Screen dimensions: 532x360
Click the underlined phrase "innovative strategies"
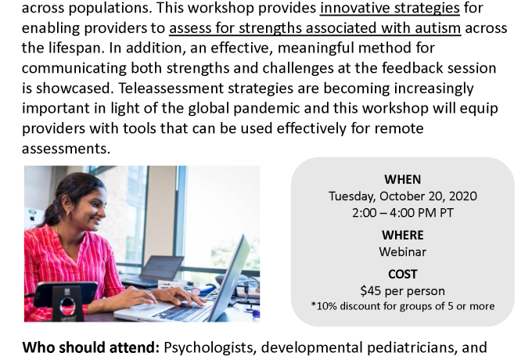[390, 8]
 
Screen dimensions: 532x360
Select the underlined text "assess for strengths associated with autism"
[315, 28]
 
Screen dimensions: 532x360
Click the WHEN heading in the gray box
[402, 179]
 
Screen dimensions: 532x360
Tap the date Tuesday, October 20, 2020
[402, 196]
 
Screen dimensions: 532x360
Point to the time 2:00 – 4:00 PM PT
[402, 213]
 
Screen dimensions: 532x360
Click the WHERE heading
[402, 235]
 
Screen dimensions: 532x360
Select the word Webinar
[402, 252]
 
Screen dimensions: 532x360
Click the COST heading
[402, 274]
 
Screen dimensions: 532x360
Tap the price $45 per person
[402, 291]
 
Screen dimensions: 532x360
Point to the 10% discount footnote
[402, 306]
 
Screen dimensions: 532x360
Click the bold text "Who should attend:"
[91, 347]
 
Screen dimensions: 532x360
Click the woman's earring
[68, 214]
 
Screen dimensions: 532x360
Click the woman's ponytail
[52, 211]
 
